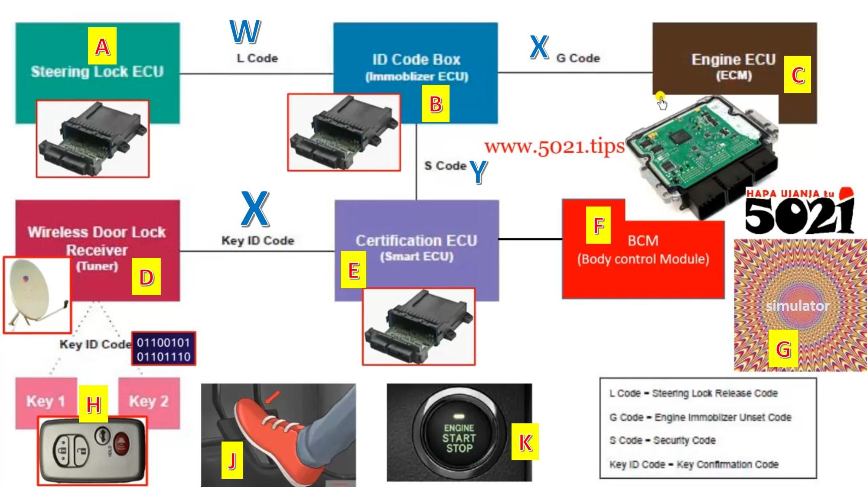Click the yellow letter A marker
point(102,46)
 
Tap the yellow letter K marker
point(525,442)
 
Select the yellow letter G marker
point(783,348)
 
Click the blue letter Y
point(478,172)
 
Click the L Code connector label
point(257,58)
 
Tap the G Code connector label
point(578,58)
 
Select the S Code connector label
point(445,166)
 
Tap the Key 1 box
point(46,401)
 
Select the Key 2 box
point(149,401)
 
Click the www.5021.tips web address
point(554,147)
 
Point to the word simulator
point(798,306)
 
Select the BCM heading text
point(643,241)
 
